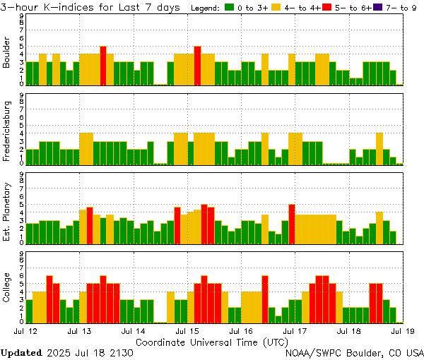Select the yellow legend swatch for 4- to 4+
pyautogui.click(x=276, y=8)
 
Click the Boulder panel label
pyautogui.click(x=7, y=54)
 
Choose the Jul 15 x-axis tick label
pyautogui.click(x=187, y=330)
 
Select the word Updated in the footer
pyautogui.click(x=21, y=352)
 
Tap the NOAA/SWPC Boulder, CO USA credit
pyautogui.click(x=354, y=352)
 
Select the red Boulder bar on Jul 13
pyautogui.click(x=103, y=65)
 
